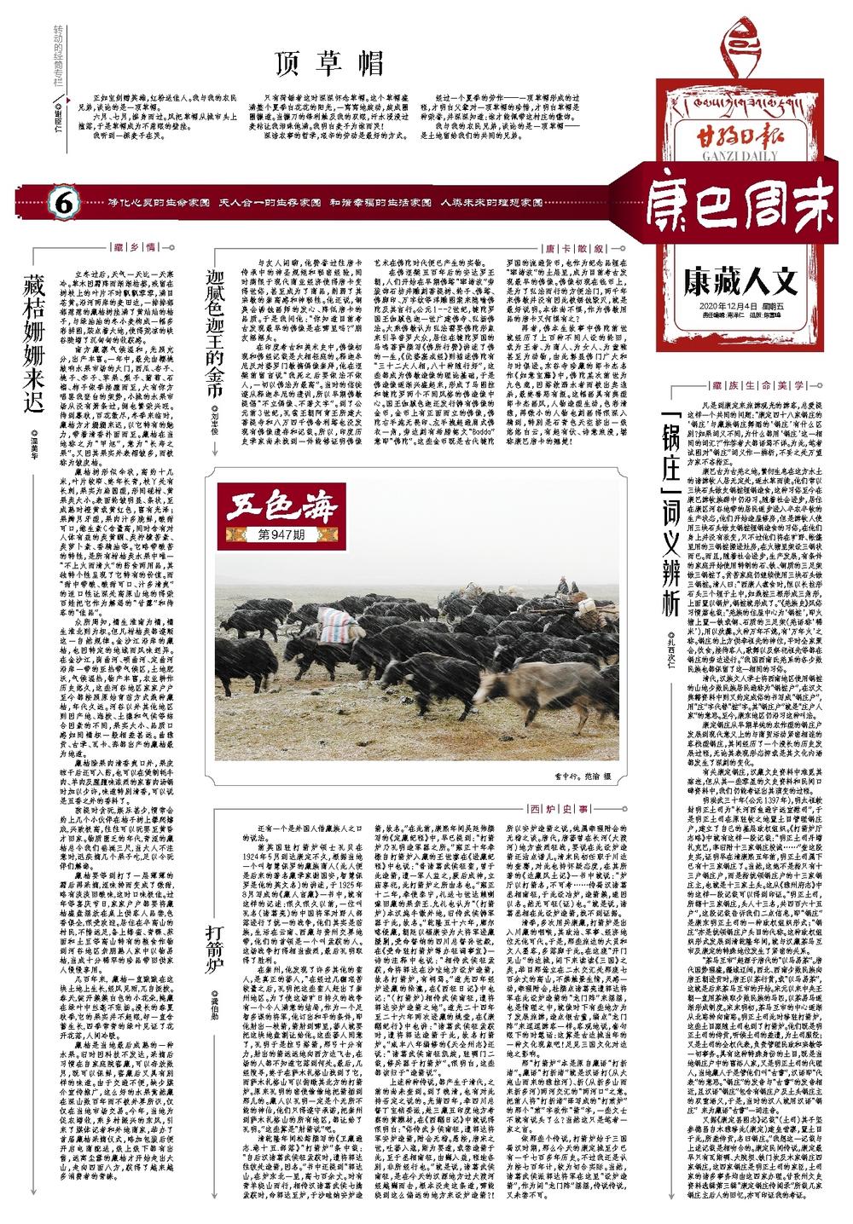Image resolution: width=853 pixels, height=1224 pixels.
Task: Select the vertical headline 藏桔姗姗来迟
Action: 34,341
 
